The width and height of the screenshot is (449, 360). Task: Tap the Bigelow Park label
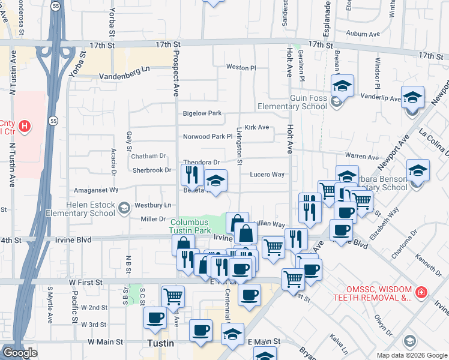202,113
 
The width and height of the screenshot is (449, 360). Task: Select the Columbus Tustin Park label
194,226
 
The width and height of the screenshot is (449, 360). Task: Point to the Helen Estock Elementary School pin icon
124,209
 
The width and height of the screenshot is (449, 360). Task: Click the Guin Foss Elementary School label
291,102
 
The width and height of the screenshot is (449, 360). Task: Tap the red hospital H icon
25,126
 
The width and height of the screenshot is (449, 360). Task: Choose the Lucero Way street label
267,175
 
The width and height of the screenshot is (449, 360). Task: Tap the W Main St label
105,341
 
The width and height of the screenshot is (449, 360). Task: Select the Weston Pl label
241,68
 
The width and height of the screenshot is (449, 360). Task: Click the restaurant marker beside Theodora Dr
190,175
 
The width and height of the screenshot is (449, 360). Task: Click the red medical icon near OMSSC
422,292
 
